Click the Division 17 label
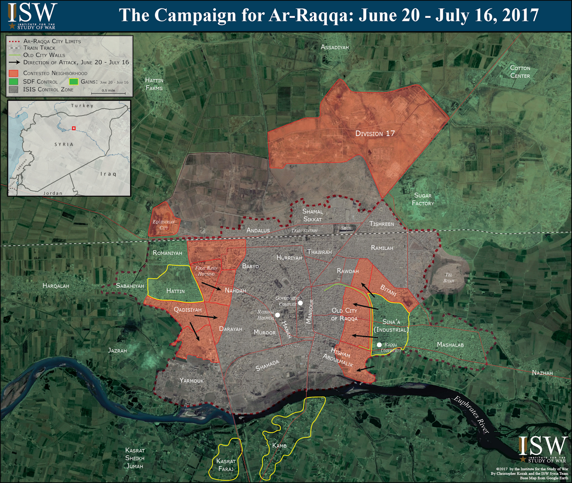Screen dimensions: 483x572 pos(375,133)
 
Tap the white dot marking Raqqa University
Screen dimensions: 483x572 pos(379,345)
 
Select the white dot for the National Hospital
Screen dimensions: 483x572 pos(277,315)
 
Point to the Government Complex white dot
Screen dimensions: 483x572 pos(300,303)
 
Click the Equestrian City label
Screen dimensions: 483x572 pos(164,225)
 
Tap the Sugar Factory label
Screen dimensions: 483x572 pos(423,199)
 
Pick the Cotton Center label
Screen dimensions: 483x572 pos(520,72)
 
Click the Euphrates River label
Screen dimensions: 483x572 pos(472,415)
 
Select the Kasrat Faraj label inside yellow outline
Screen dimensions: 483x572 pos(226,465)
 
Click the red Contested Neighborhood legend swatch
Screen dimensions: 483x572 pos(14,73)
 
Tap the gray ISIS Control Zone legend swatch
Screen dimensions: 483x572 pos(14,89)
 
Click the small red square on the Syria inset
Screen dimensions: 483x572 pos(74,128)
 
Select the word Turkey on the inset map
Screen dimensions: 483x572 pos(82,106)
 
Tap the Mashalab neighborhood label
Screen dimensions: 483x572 pos(450,345)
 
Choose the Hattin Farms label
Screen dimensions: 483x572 pos(154,84)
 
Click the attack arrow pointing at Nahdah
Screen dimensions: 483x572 pos(211,286)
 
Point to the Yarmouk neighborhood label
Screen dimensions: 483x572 pos(191,381)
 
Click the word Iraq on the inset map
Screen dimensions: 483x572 pos(108,174)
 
